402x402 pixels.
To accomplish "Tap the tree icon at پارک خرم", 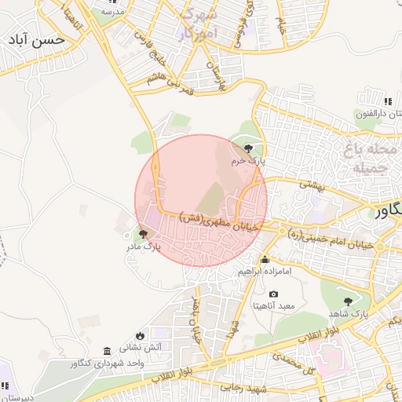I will (x=249, y=148).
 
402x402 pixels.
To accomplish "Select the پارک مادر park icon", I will (x=143, y=233).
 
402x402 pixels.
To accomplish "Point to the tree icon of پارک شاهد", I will (x=348, y=301).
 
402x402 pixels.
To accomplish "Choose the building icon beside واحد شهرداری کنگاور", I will (x=107, y=351).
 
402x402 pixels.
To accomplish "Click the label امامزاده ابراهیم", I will (x=265, y=272).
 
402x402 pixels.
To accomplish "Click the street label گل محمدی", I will (x=290, y=364).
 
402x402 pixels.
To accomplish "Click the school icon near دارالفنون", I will (x=388, y=101).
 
